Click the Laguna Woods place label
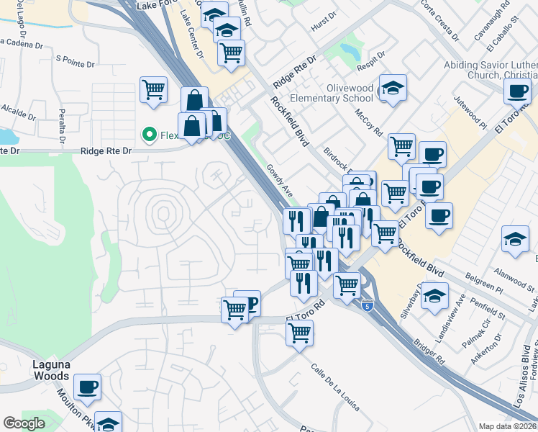click(x=50, y=369)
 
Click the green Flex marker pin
click(x=150, y=134)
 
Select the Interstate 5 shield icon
click(x=368, y=305)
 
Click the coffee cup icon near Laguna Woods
click(x=88, y=387)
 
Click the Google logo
click(x=24, y=423)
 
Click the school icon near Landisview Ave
click(x=434, y=296)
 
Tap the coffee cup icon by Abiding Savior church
click(x=516, y=91)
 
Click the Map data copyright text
click(x=508, y=426)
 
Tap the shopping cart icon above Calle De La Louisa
click(x=300, y=333)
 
